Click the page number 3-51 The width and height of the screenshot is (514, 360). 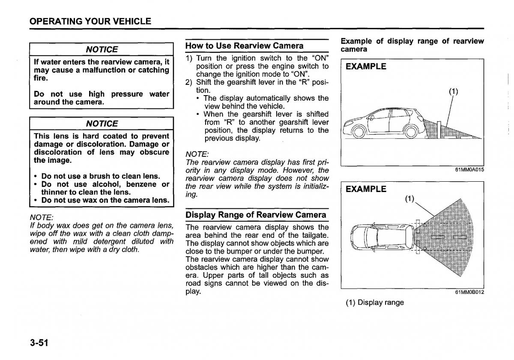pos(39,343)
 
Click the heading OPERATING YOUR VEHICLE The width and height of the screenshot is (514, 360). pos(90,21)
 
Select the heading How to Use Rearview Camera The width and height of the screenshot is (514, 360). pos(244,45)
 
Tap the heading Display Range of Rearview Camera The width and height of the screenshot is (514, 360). pos(256,215)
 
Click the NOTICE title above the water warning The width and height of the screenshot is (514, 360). pos(102,49)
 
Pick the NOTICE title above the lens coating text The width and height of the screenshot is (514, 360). pos(102,123)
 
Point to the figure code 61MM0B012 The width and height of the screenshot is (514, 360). pos(469,292)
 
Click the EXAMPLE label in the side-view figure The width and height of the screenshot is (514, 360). pos(366,66)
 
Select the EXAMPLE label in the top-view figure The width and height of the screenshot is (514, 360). pos(366,189)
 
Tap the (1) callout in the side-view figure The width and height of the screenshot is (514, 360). pos(453,91)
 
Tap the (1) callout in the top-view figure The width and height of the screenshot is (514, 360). pos(410,199)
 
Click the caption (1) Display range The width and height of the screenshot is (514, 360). pos(375,303)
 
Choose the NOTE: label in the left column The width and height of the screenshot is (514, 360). pos(41,218)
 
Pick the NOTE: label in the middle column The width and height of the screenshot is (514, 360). pos(197,154)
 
